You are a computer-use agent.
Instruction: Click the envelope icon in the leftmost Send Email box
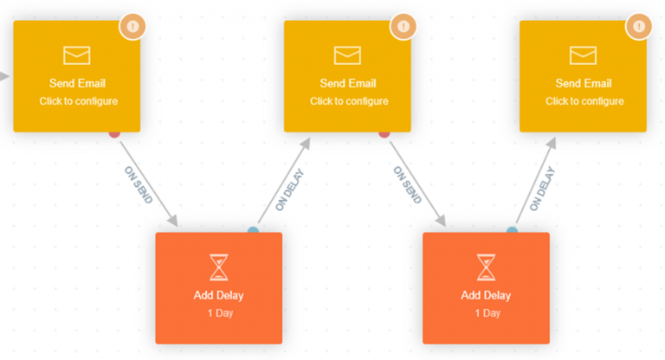tap(77, 55)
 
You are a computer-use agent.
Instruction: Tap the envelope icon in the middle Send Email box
tap(348, 55)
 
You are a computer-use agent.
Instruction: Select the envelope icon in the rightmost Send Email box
tap(584, 55)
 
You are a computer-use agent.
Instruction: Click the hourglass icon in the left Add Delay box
tap(219, 267)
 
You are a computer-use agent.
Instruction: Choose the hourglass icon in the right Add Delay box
tap(486, 267)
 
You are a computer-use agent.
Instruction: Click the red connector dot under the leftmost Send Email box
tap(113, 132)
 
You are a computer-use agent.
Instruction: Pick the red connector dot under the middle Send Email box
tap(384, 132)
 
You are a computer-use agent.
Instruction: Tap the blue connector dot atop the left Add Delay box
tap(253, 231)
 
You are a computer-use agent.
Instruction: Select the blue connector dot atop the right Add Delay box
tap(513, 231)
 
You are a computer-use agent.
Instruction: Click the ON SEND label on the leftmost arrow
tap(139, 184)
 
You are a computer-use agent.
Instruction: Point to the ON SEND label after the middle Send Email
tap(407, 184)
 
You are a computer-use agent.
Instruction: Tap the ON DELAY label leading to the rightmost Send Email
tap(542, 189)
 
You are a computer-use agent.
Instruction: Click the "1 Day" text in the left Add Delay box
tap(219, 312)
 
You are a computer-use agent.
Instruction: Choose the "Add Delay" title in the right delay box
tap(486, 295)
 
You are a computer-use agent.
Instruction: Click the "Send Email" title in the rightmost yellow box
tap(584, 83)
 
